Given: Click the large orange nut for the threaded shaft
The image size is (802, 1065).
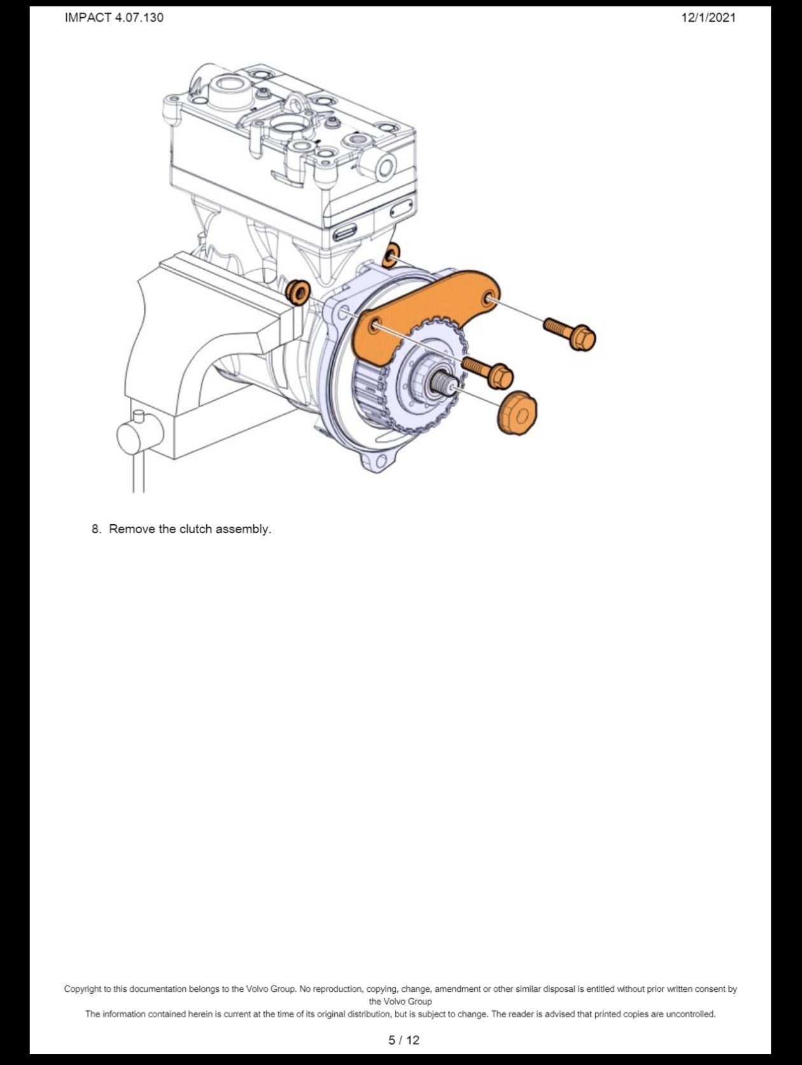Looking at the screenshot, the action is coord(517,413).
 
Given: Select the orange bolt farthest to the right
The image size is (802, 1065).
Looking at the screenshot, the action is coord(570,333).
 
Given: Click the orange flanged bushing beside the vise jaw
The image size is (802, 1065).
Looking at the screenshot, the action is coord(298,292).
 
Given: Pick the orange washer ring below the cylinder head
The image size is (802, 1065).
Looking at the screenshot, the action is coord(391,255).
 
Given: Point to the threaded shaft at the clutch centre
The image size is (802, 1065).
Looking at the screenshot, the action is coord(441,383).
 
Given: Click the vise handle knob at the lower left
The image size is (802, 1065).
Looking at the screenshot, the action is coord(140,433).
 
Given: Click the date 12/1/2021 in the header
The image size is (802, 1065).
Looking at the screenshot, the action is coord(708,18).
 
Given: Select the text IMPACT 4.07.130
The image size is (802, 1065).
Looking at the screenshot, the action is coord(114,18).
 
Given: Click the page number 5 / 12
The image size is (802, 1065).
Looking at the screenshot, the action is coord(404,1040).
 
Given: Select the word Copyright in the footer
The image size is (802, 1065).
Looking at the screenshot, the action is coord(83,989).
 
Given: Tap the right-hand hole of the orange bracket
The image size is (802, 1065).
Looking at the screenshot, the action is coord(490,297).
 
